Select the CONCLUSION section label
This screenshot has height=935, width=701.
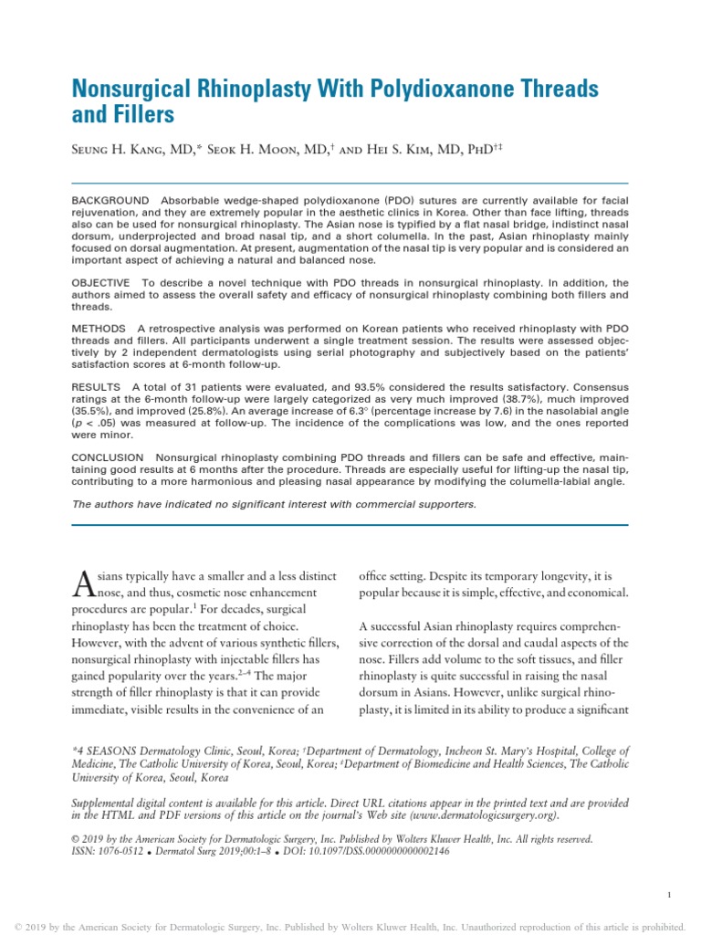[x=107, y=457]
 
